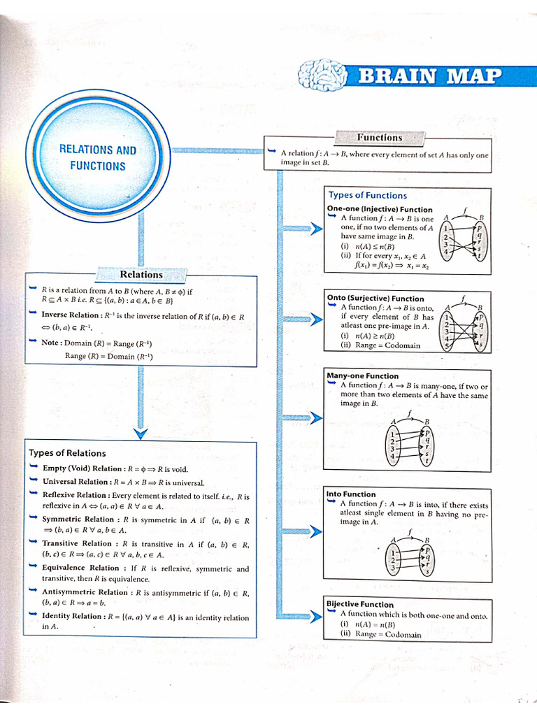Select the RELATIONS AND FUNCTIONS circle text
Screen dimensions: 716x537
pos(98,158)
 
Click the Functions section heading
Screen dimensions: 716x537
pos(380,138)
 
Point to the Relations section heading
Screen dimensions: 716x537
pos(141,275)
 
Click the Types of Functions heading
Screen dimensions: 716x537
pos(367,195)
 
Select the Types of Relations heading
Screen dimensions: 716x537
pos(68,453)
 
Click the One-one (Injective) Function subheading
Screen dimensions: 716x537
pos(380,209)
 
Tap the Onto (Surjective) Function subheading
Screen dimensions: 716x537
pos(375,299)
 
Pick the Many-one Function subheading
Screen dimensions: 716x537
pos(363,376)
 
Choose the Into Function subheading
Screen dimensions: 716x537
pos(351,494)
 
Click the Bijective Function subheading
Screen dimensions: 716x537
pos(360,604)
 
